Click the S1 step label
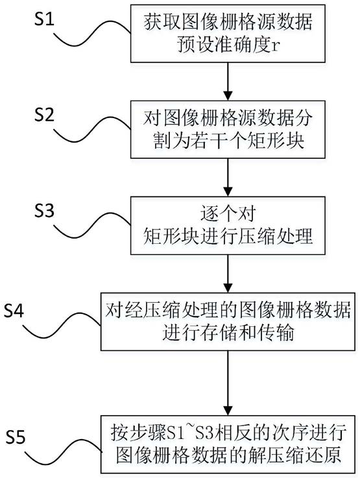pyautogui.click(x=44, y=19)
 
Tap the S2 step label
pyautogui.click(x=44, y=115)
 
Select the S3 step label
pyautogui.click(x=44, y=210)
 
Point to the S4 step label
pyautogui.click(x=14, y=311)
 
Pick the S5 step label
pyautogui.click(x=16, y=437)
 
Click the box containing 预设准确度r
pyautogui.click(x=228, y=34)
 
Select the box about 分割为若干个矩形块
pyautogui.click(x=228, y=130)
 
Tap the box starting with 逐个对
pyautogui.click(x=228, y=226)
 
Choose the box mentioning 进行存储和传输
pyautogui.click(x=228, y=322)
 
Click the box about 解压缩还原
pyautogui.click(x=228, y=444)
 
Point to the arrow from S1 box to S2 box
pyautogui.click(x=228, y=81)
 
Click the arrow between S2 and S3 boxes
pyautogui.click(x=228, y=178)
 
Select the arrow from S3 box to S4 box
pyautogui.click(x=228, y=274)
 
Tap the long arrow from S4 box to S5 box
pyautogui.click(x=228, y=383)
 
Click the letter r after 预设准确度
pyautogui.click(x=275, y=47)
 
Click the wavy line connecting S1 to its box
pyautogui.click(x=92, y=34)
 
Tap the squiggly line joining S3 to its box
pyautogui.click(x=92, y=226)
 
